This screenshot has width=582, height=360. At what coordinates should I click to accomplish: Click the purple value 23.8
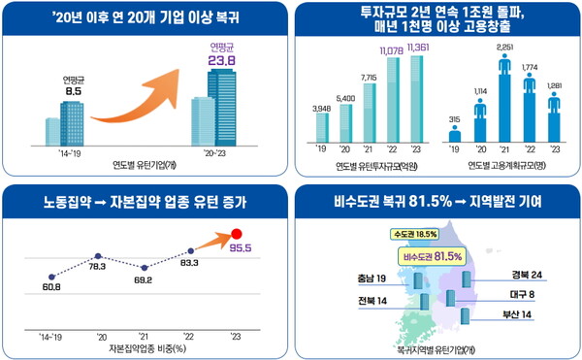pos(222,60)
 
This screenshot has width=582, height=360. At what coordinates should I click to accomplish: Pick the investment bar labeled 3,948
pos(322,129)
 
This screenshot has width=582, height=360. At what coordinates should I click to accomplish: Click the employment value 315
pos(454,120)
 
